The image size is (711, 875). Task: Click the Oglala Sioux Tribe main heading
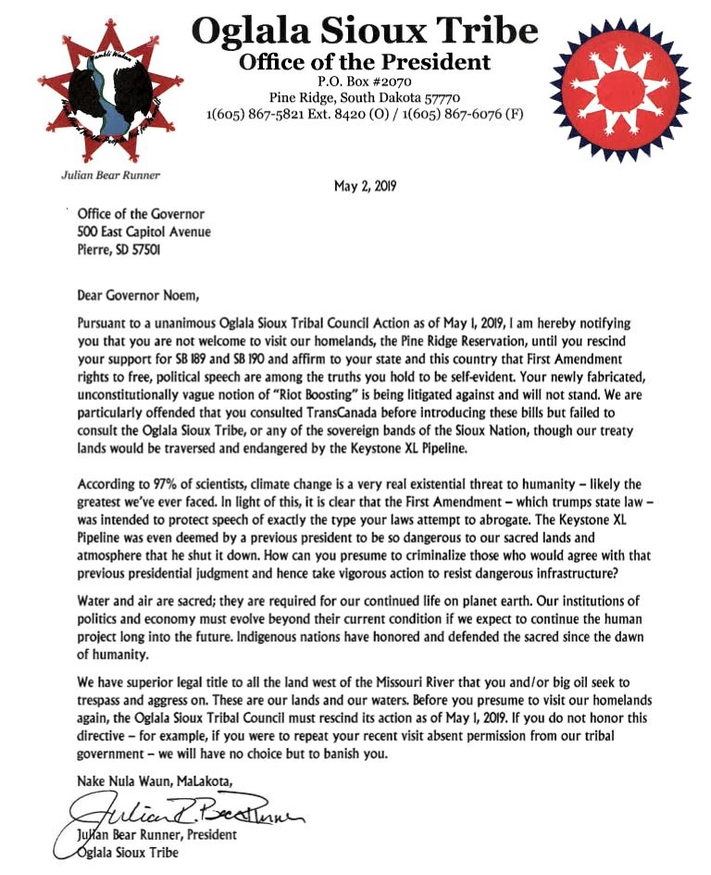coord(364,31)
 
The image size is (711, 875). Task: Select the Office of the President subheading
coord(364,62)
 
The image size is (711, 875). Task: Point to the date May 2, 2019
coord(365,186)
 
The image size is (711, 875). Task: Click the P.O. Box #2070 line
coord(364,81)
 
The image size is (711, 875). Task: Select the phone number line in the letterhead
coord(365,114)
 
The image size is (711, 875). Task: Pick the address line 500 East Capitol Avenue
coord(144,231)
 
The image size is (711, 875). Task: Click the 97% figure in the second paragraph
coord(163,484)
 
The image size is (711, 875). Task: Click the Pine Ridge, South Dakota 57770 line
coord(364,97)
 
